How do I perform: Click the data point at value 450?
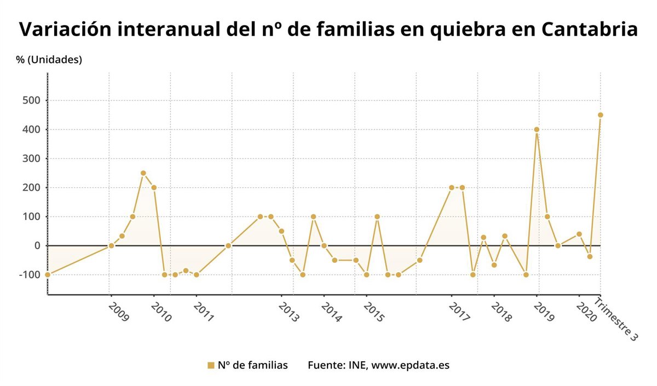pyautogui.click(x=600, y=115)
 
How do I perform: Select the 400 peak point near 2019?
pyautogui.click(x=537, y=130)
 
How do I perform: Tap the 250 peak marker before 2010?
pyautogui.click(x=143, y=173)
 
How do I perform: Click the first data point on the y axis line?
pyautogui.click(x=48, y=274)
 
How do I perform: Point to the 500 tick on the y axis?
pyautogui.click(x=32, y=101)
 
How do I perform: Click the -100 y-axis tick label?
pyautogui.click(x=30, y=274)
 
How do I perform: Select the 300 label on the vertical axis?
pyautogui.click(x=32, y=159)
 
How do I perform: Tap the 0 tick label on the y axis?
pyautogui.click(x=37, y=245)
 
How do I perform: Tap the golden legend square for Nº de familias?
pyautogui.click(x=211, y=365)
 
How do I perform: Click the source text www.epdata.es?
pyautogui.click(x=410, y=365)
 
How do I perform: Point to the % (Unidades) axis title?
pyautogui.click(x=49, y=60)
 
